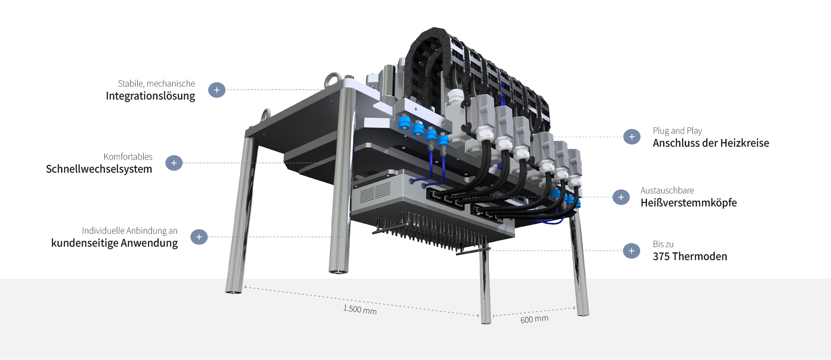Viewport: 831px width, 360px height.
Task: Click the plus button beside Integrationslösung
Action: pos(217,90)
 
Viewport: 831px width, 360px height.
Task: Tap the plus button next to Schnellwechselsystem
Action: pos(174,163)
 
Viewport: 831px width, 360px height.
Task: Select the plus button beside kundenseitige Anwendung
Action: pos(199,237)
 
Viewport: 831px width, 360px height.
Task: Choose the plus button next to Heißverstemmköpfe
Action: pos(621,197)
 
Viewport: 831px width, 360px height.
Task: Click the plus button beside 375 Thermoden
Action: pos(631,251)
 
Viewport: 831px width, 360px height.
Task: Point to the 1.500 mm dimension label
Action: pos(360,309)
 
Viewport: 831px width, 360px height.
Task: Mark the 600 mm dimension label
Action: pos(535,319)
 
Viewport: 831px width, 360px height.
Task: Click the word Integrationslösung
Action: pos(150,96)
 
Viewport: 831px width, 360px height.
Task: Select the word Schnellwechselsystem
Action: pos(99,169)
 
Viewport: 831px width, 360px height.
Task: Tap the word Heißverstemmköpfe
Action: pos(689,203)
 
